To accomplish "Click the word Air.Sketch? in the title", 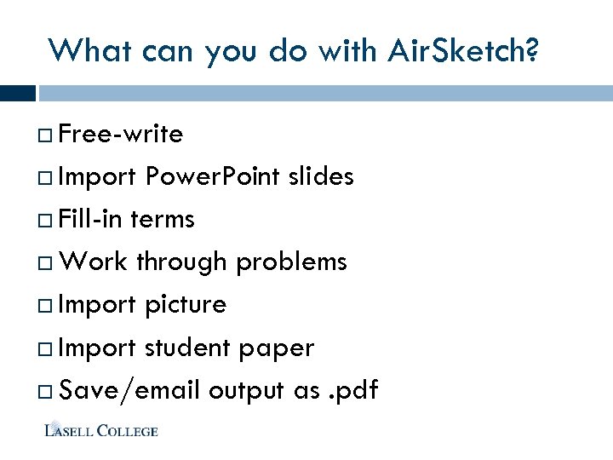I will click(x=462, y=51).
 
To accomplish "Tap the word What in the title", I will click(x=83, y=51).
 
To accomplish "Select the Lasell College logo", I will click(x=101, y=430).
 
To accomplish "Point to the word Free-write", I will click(x=122, y=135).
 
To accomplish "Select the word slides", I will click(x=321, y=177).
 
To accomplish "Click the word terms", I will click(x=163, y=220).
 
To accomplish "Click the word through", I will click(x=181, y=262).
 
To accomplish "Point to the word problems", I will click(x=292, y=262).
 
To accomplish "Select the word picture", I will click(x=186, y=305).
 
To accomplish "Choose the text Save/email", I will click(x=130, y=391).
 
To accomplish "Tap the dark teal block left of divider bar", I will click(x=17, y=93).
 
